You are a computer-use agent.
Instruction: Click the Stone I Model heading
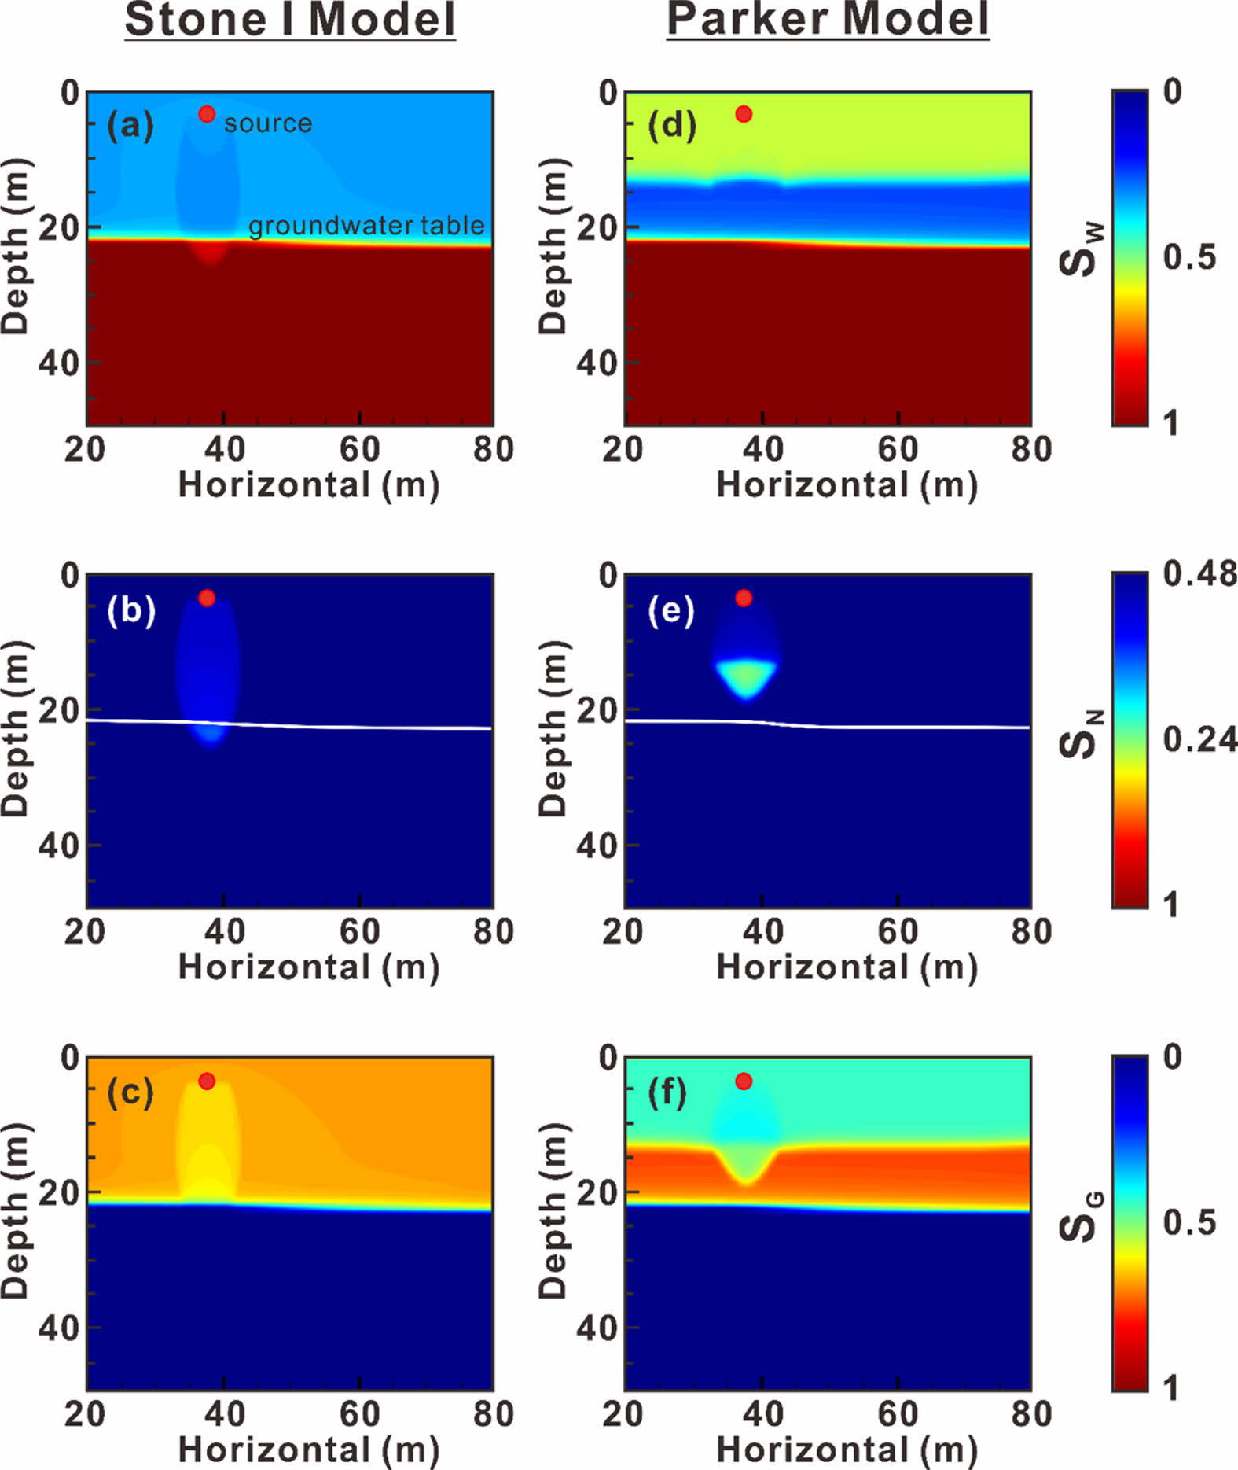tap(290, 20)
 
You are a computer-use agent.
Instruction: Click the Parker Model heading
tap(828, 20)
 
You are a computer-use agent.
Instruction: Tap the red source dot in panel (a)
tap(207, 114)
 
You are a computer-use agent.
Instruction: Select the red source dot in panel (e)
tap(744, 598)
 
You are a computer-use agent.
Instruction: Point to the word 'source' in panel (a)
tap(268, 123)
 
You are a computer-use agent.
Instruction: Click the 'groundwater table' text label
tap(366, 226)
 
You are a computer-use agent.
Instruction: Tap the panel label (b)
tap(131, 610)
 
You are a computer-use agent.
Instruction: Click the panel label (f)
tap(667, 1092)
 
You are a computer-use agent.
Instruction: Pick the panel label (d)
tap(671, 126)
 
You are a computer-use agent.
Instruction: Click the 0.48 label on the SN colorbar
tap(1199, 574)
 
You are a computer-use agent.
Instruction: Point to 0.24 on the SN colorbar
tap(1199, 740)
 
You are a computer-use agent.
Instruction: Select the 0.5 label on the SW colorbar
tap(1189, 257)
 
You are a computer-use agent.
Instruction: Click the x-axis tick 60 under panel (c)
tap(359, 1413)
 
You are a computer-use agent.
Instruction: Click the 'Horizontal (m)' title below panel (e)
tap(847, 967)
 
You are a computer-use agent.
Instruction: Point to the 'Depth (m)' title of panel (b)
tap(16, 728)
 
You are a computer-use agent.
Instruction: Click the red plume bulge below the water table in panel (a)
tap(211, 253)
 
